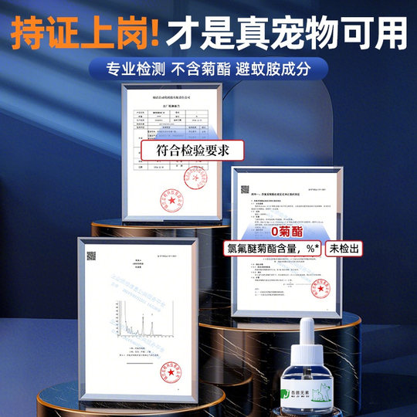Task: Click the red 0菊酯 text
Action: [288, 231]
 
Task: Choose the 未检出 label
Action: [344, 249]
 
